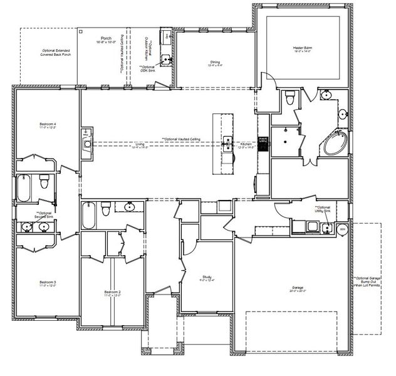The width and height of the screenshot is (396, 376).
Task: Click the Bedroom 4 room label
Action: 47,126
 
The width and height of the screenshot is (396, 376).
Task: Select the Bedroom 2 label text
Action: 112,294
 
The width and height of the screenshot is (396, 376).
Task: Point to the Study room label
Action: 206,277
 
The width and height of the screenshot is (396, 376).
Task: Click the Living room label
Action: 140,145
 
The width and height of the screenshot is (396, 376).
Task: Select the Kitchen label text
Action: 246,145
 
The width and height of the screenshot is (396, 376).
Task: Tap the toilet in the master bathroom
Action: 289,98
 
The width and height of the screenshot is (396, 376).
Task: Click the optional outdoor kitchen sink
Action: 165,60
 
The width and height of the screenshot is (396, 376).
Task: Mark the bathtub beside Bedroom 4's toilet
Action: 24,188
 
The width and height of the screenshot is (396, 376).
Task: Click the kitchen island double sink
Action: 229,144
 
